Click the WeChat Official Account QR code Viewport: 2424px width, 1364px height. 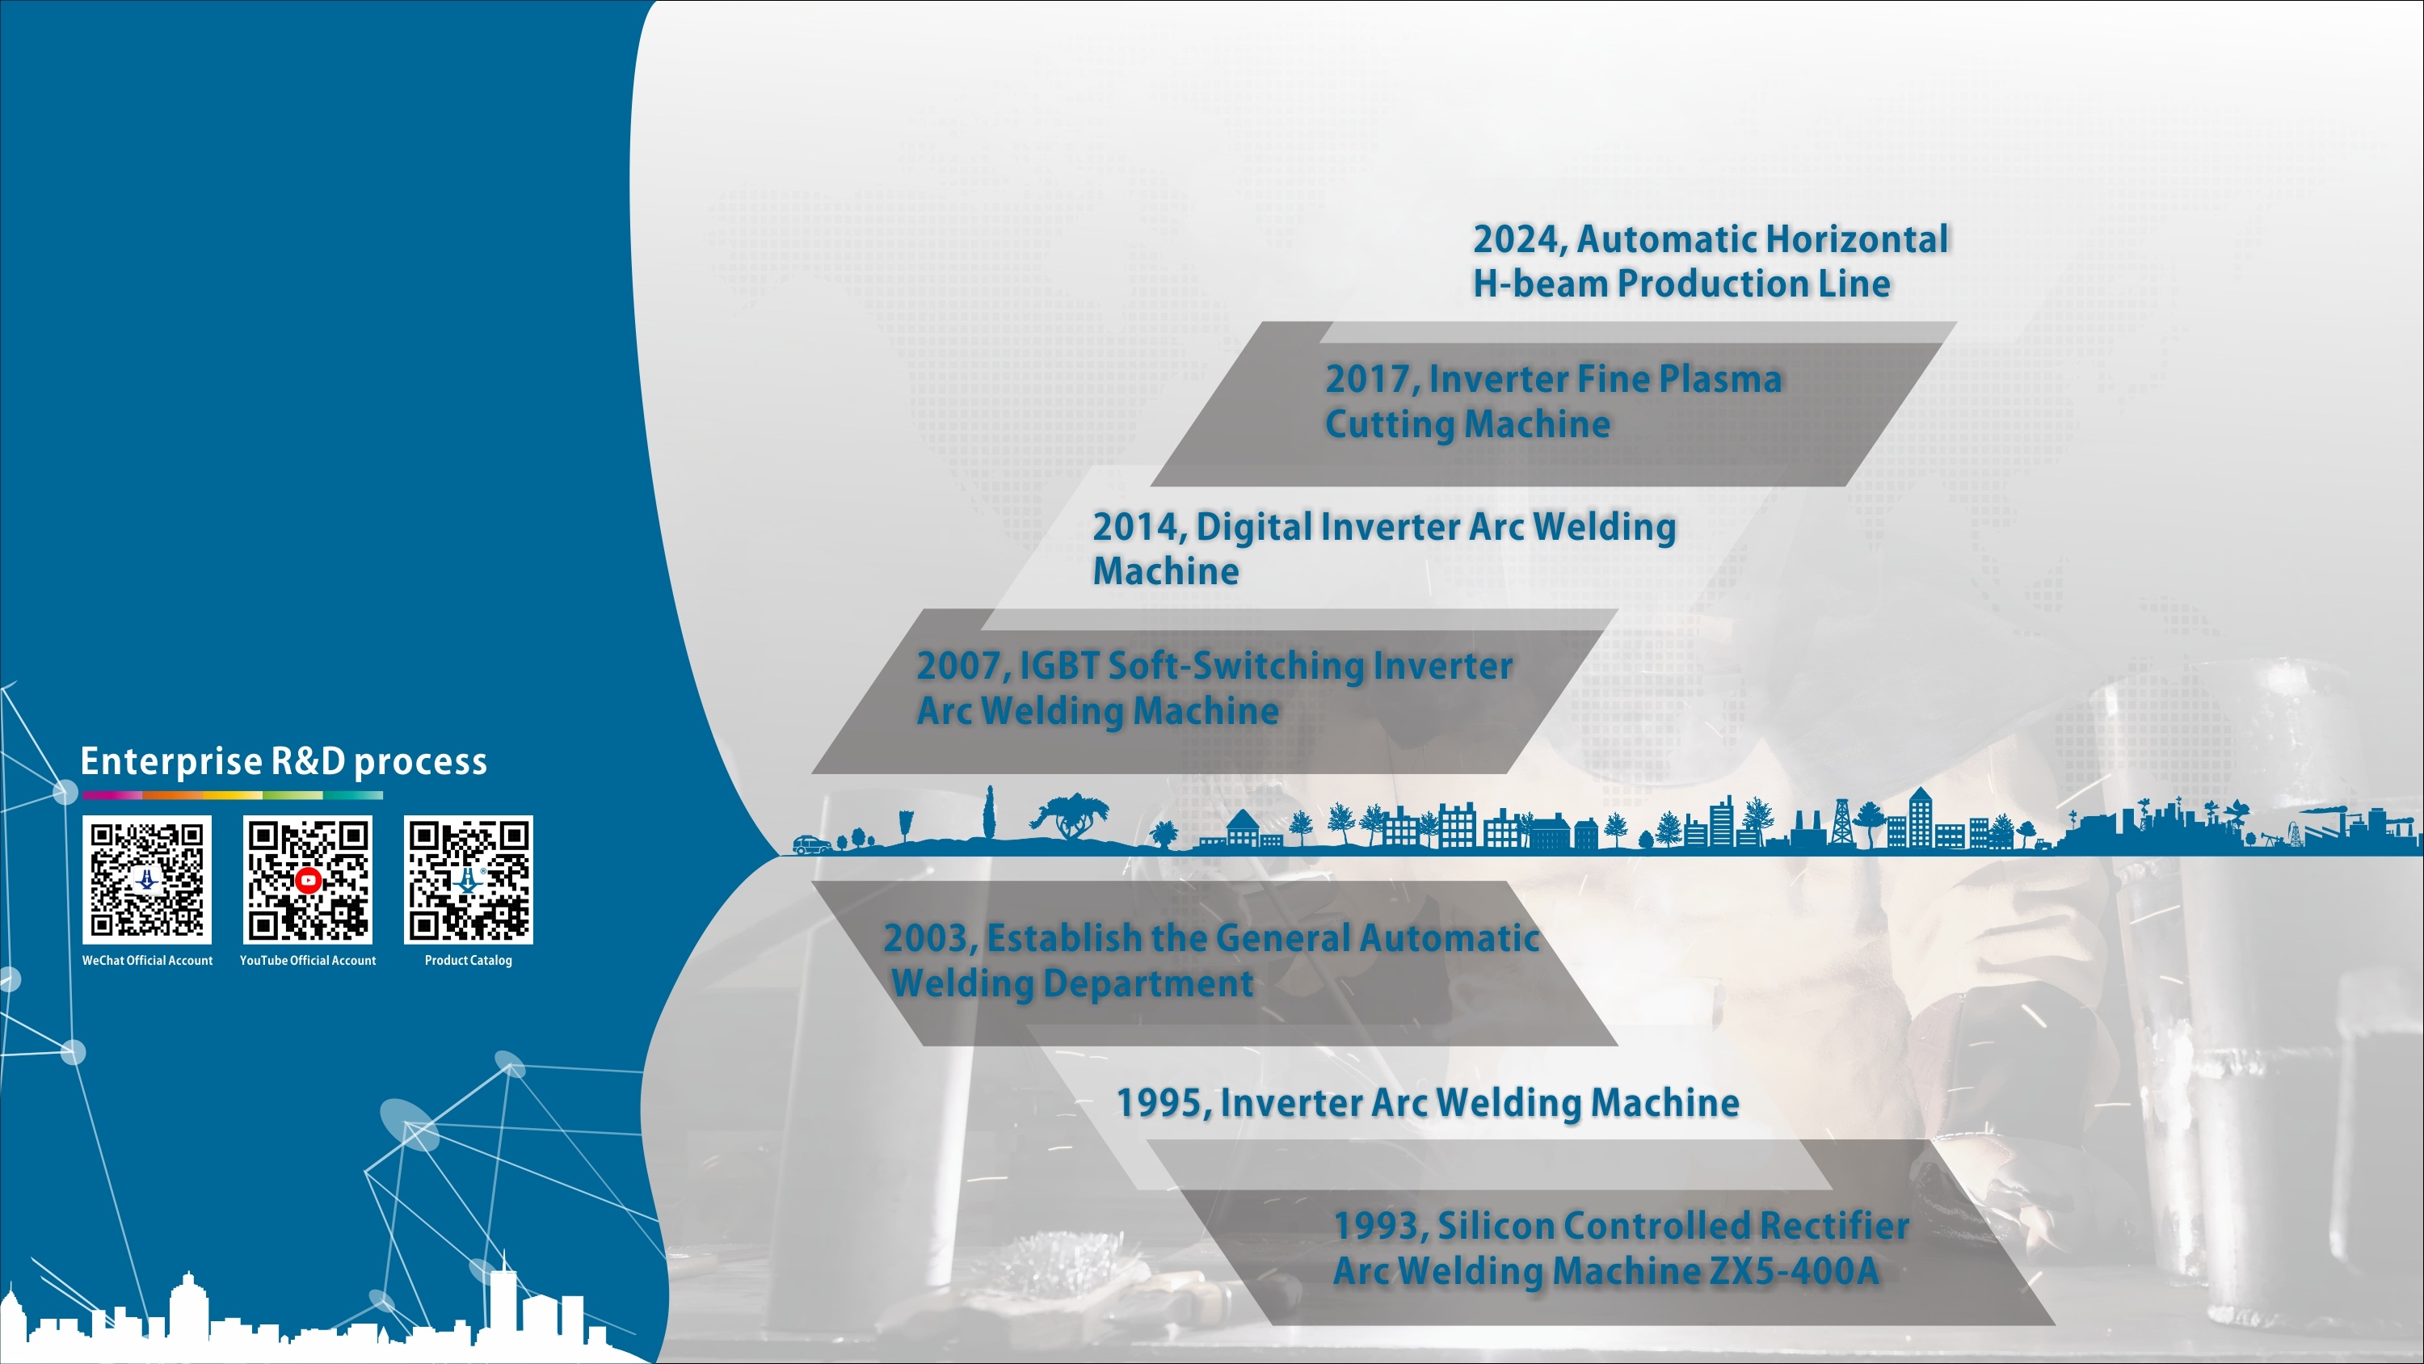click(147, 879)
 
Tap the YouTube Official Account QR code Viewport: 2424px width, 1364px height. click(308, 879)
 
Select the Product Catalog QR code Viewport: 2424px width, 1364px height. click(469, 879)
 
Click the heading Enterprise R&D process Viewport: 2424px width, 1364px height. click(284, 760)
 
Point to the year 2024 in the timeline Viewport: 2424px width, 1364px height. click(1519, 240)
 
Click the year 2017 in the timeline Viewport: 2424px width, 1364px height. click(1371, 379)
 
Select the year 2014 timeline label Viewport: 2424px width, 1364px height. click(1138, 527)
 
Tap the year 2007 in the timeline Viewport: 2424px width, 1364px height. click(962, 667)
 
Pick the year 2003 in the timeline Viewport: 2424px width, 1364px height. click(928, 938)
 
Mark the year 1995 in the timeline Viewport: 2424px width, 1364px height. click(1161, 1103)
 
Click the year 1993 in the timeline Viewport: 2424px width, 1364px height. click(1379, 1226)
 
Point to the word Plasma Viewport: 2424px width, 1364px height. click(1720, 379)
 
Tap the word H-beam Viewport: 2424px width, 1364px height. click(1539, 284)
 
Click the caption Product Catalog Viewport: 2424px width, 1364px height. click(469, 960)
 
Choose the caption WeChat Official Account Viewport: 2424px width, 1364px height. click(147, 960)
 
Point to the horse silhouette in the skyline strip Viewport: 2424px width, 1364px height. click(1070, 815)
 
